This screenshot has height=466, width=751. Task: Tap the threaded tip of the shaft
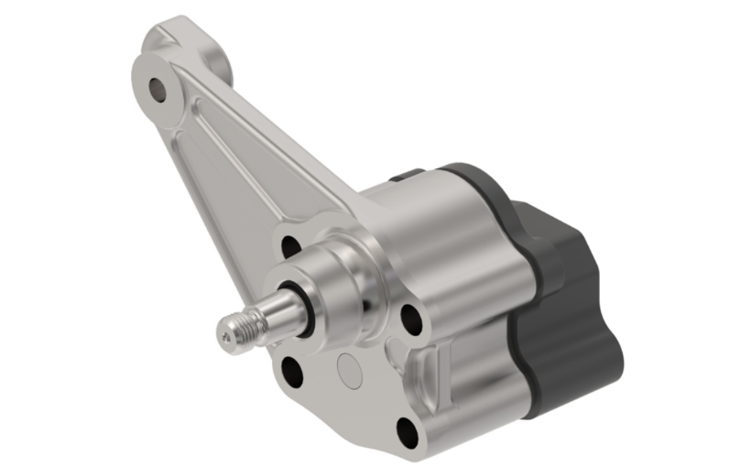pos(234,331)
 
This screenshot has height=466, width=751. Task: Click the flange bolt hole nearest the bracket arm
pos(291,245)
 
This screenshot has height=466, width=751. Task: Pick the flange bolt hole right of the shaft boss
pos(411,317)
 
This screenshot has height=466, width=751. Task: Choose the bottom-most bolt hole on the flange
pos(406,429)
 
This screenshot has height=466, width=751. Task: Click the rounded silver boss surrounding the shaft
pos(343,275)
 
